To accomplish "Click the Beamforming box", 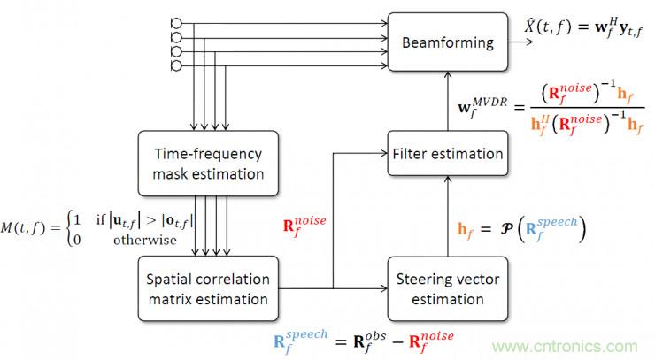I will pyautogui.click(x=448, y=42).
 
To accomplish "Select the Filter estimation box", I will pyautogui.click(x=448, y=153).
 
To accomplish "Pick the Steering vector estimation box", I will pyautogui.click(x=448, y=287).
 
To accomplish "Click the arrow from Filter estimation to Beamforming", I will pyautogui.click(x=448, y=101).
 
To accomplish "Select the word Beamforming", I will pyautogui.click(x=448, y=42).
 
